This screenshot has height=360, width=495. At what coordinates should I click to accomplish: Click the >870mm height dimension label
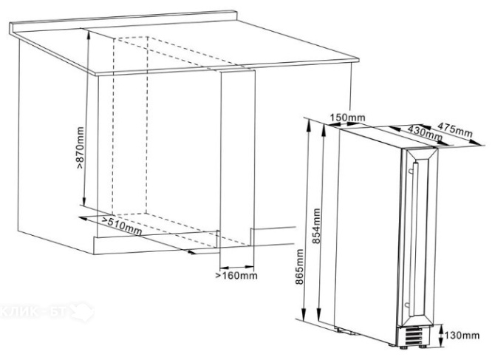(x=81, y=147)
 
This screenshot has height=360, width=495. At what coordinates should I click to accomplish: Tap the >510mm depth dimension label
(x=122, y=225)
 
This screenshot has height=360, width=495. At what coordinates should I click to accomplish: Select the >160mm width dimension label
(x=236, y=276)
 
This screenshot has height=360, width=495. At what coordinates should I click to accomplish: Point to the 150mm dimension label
(x=347, y=118)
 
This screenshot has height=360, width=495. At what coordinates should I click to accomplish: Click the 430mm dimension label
(x=425, y=132)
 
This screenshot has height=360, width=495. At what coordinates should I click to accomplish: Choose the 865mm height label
(x=299, y=267)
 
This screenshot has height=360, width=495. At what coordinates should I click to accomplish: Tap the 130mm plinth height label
(x=462, y=335)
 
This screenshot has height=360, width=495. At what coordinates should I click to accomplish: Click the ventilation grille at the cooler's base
(x=414, y=336)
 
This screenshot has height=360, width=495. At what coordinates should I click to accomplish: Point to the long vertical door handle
(x=414, y=239)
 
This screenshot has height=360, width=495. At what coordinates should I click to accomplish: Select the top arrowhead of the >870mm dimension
(x=89, y=34)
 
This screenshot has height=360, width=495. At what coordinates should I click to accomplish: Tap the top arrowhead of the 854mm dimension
(x=323, y=129)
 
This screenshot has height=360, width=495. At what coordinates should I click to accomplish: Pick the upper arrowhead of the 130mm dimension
(x=440, y=327)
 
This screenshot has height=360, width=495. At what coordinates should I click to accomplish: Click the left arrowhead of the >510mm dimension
(x=83, y=218)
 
